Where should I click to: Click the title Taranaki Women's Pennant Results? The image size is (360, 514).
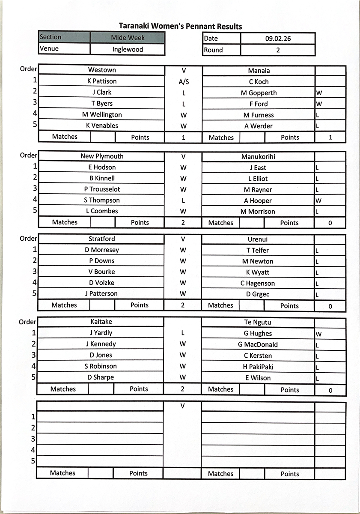click(180, 27)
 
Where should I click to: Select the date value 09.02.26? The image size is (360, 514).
click(278, 39)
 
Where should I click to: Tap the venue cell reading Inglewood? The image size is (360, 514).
click(128, 49)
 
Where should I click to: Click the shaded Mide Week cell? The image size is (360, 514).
click(128, 38)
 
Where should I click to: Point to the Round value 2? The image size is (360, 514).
click(278, 50)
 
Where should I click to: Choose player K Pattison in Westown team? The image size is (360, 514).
click(102, 81)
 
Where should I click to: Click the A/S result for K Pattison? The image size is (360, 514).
click(183, 82)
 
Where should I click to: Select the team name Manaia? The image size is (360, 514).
click(259, 71)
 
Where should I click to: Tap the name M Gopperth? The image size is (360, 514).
click(259, 93)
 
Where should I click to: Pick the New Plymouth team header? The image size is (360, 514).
click(102, 156)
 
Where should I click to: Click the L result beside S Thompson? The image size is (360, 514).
click(183, 200)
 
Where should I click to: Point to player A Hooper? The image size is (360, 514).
click(258, 201)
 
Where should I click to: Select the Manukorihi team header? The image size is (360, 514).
click(258, 157)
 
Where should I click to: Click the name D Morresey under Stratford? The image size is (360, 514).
click(102, 250)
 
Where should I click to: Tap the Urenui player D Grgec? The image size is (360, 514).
click(258, 295)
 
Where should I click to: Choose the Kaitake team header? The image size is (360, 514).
click(101, 322)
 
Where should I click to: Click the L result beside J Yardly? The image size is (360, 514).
click(183, 333)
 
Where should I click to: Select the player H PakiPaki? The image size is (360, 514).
click(258, 367)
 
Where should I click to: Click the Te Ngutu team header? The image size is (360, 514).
click(258, 323)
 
